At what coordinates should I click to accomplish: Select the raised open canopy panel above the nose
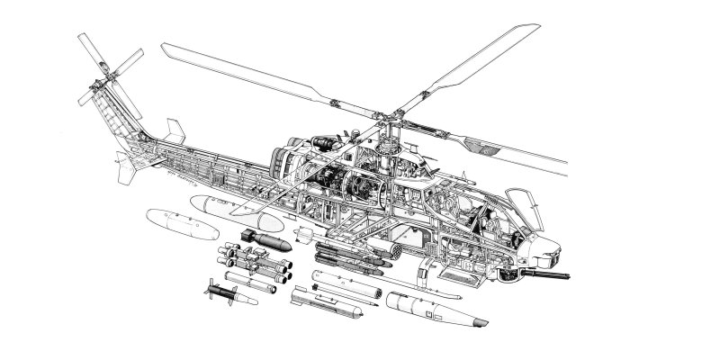(x=519, y=200)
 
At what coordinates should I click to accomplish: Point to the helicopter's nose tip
(x=563, y=247)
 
